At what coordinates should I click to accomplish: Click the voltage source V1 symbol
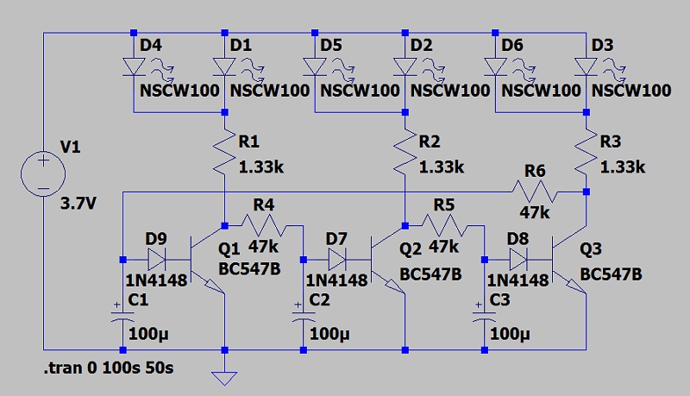[x=42, y=171]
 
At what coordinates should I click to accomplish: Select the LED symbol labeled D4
[x=134, y=66]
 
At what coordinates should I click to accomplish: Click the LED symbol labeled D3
[x=586, y=66]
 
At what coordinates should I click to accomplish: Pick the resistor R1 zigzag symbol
[x=224, y=150]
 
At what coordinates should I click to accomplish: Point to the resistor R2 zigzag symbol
[x=405, y=150]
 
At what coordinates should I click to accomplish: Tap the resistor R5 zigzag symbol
[x=445, y=226]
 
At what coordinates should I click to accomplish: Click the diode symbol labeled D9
[x=157, y=258]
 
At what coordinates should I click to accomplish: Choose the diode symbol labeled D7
[x=337, y=258]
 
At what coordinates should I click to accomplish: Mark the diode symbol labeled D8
[x=517, y=258]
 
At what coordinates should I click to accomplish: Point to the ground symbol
[x=224, y=377]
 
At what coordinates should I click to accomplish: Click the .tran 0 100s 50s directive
[x=107, y=369]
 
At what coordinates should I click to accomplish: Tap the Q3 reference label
[x=591, y=250]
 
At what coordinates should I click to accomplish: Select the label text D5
[x=330, y=43]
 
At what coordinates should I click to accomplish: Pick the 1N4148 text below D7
[x=337, y=280]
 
